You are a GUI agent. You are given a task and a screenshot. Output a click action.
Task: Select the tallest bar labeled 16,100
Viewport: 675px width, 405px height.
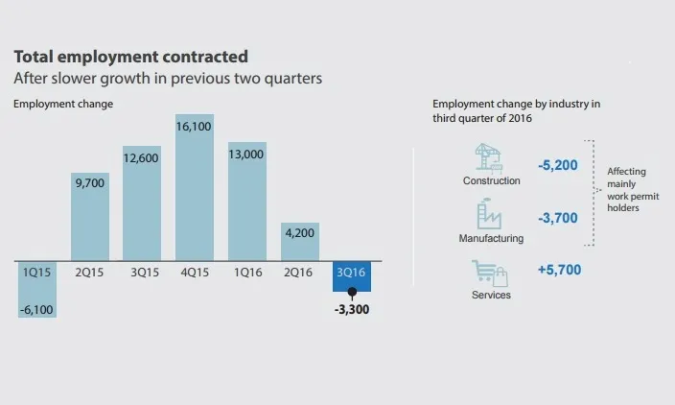195,192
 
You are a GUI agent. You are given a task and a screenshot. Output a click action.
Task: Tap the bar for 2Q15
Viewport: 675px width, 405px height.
91,216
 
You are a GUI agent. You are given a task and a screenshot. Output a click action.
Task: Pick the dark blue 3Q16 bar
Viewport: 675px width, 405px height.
351,275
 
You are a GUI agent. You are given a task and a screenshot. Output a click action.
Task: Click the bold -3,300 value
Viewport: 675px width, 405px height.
353,310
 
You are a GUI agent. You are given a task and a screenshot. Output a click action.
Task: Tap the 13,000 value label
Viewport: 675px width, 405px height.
246,154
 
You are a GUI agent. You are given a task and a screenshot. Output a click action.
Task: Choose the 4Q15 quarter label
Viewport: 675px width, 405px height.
195,272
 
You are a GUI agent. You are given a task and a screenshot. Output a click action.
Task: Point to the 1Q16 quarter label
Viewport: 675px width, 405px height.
246,272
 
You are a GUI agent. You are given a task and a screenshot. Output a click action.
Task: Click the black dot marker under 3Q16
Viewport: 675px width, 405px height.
352,292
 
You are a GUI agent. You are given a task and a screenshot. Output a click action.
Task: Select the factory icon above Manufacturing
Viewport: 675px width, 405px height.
490,212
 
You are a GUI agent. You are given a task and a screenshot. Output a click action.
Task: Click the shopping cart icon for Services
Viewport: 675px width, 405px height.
489,274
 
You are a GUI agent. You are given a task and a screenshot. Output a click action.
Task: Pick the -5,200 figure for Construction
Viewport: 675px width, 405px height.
558,165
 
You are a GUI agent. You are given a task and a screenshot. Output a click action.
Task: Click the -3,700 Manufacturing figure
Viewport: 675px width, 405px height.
558,218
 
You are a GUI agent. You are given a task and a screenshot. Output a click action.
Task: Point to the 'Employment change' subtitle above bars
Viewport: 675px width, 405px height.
62,104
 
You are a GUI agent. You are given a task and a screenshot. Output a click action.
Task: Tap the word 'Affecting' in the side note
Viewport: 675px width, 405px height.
627,172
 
